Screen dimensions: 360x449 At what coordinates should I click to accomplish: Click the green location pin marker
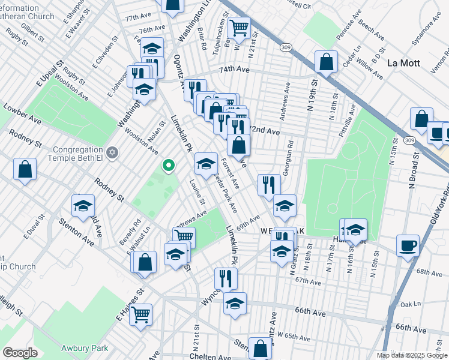(x=169, y=165)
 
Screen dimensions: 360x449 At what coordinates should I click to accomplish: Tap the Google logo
(x=20, y=353)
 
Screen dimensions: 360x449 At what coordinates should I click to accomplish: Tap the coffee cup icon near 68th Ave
(x=408, y=245)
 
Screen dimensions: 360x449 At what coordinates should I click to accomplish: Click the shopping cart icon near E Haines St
(x=140, y=313)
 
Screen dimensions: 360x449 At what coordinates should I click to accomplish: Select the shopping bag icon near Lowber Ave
(x=26, y=169)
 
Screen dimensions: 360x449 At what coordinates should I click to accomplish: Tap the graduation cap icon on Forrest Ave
(x=206, y=163)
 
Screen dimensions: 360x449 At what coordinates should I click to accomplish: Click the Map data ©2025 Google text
(x=412, y=355)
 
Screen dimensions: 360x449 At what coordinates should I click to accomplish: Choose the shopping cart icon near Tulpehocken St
(x=239, y=28)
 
